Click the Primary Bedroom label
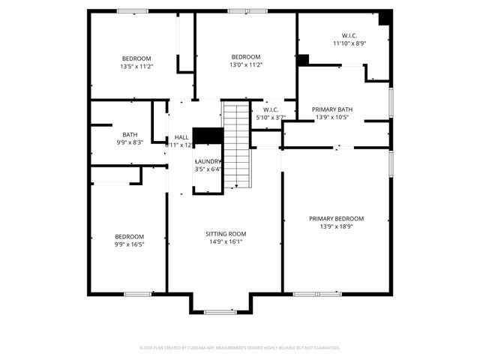336,219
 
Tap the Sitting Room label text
226,234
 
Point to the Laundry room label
208,161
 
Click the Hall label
181,137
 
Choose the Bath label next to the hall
130,135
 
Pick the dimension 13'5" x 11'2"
137,66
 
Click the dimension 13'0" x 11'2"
245,64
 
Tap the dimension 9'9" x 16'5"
129,244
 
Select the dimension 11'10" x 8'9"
349,43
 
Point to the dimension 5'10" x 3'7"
271,117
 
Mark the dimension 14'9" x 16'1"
226,241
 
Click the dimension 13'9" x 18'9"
336,226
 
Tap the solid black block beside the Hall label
208,136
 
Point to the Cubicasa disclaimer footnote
240,348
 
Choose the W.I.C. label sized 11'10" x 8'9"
349,35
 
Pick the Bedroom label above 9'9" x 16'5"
129,236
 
